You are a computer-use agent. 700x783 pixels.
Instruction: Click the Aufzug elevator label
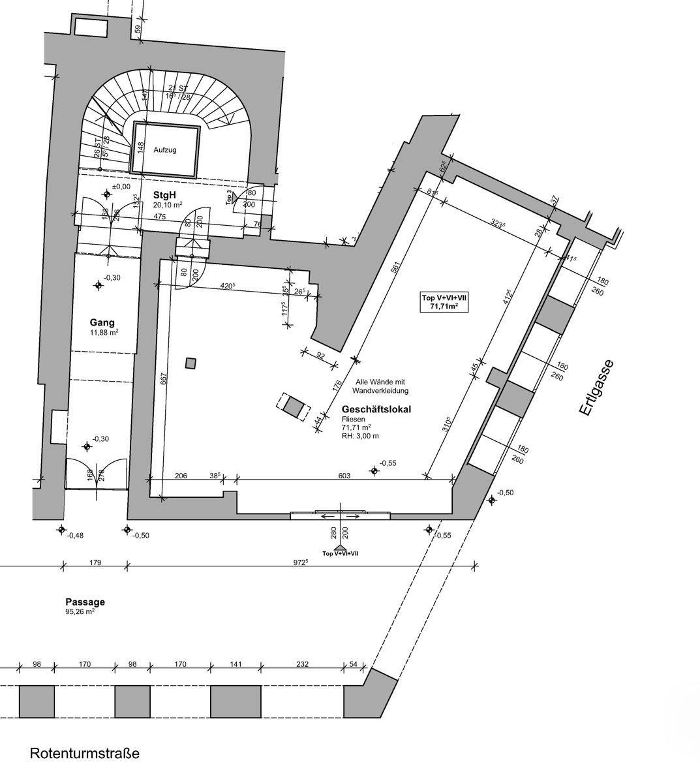pyautogui.click(x=165, y=149)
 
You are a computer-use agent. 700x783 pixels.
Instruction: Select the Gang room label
pyautogui.click(x=102, y=322)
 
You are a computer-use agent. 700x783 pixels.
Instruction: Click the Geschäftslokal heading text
pyautogui.click(x=376, y=409)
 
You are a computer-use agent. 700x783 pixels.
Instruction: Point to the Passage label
pyautogui.click(x=85, y=602)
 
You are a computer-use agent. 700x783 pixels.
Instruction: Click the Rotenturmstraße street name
pyautogui.click(x=85, y=754)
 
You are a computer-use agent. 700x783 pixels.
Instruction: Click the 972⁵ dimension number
pyautogui.click(x=300, y=562)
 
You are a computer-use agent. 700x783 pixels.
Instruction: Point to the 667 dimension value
pyautogui.click(x=164, y=381)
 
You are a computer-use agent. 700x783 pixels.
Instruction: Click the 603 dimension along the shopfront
pyautogui.click(x=344, y=476)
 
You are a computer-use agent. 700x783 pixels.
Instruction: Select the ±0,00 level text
pyautogui.click(x=121, y=187)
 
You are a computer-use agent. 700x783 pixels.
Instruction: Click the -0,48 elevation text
pyautogui.click(x=76, y=536)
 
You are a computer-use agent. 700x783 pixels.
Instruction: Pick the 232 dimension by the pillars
pyautogui.click(x=302, y=664)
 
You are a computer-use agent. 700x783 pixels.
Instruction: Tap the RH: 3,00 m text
pyautogui.click(x=360, y=436)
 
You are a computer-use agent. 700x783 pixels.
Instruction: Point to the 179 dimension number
pyautogui.click(x=95, y=562)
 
